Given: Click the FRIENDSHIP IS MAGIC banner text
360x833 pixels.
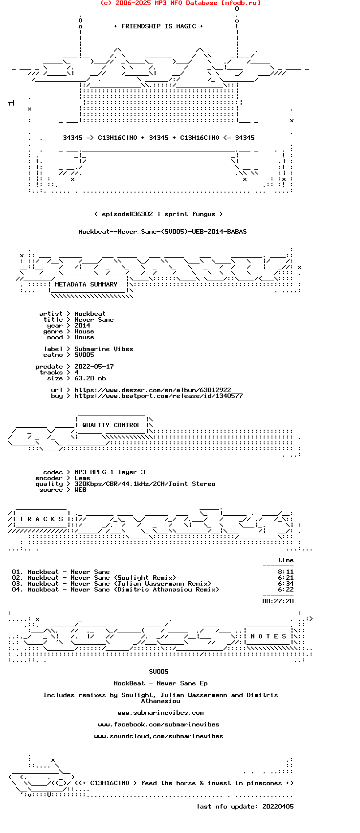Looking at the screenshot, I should (158, 26).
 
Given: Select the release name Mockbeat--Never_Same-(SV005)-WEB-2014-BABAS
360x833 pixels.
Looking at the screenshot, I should (162, 232).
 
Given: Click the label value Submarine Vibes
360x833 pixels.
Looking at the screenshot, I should (104, 349).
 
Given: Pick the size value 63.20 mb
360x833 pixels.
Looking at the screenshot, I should (90, 378).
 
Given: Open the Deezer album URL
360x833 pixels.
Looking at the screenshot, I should (153, 390).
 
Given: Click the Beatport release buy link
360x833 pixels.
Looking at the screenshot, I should (158, 396).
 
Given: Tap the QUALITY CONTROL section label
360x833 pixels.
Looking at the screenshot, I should (112, 425).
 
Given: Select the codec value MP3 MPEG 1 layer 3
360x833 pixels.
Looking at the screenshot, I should (110, 472).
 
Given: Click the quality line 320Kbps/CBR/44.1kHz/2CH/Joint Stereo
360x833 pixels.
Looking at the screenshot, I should (145, 484).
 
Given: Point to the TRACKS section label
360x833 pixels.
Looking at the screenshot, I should (42, 519).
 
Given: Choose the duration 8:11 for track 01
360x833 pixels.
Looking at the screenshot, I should (286, 572).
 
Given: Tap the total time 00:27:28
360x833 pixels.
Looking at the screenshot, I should (278, 601).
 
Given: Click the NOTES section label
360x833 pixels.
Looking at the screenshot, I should (269, 636).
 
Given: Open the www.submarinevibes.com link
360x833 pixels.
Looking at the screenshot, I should (160, 713).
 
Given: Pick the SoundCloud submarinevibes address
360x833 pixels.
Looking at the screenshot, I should (158, 736).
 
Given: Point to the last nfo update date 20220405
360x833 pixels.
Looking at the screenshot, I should (278, 807).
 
